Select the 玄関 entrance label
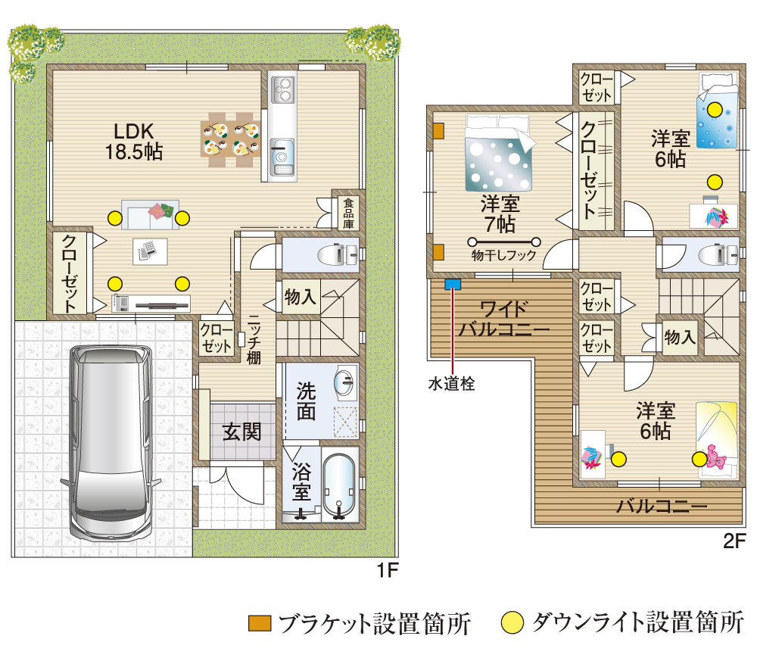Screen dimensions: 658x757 pos(241,432)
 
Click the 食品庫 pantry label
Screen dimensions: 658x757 pos(347,214)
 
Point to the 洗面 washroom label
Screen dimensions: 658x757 pos(307,401)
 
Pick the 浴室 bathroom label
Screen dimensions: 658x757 pos(301,483)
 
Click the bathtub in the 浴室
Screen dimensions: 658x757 pos(338,485)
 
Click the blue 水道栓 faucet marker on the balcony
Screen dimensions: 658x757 pos(453,285)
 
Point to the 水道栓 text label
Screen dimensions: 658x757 pos(452,384)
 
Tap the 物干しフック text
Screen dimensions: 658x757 pos(503,256)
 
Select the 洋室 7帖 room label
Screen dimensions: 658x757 pos(499,214)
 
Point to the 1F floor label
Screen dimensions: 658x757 pos(387,570)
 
